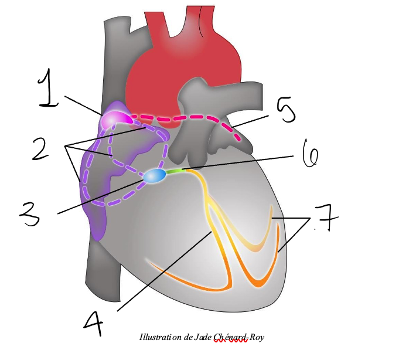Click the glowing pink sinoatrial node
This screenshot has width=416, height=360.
coord(112,120)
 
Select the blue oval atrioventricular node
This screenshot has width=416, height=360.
coord(154,175)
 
